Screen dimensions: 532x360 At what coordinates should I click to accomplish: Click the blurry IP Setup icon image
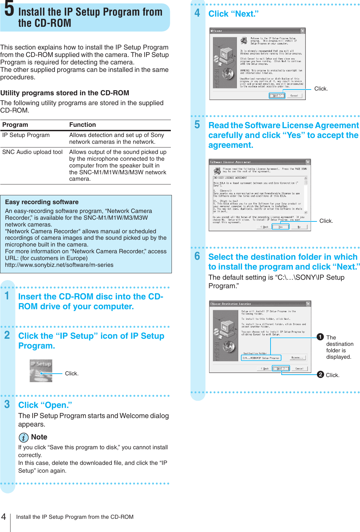point(41,371)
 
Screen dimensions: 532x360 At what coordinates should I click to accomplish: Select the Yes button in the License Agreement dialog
point(280,227)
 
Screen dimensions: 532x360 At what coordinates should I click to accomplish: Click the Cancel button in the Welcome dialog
point(294,96)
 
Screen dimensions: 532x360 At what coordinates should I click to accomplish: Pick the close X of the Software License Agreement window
point(308,162)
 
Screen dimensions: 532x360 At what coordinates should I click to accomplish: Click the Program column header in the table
point(15,125)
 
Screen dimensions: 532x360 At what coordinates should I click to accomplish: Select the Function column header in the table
point(82,125)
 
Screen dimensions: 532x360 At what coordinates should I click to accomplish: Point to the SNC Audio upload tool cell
point(33,152)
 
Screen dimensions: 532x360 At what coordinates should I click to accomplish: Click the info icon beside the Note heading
point(23,437)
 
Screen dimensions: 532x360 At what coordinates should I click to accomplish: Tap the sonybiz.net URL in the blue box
point(59,265)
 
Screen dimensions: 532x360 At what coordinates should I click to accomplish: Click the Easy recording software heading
point(42,202)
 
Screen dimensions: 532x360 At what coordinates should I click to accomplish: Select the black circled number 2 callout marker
point(320,374)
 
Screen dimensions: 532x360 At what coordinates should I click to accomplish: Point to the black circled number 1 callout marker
point(320,337)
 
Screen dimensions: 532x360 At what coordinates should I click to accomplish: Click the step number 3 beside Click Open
point(7,404)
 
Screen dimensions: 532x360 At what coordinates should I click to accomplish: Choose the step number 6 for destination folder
point(197,256)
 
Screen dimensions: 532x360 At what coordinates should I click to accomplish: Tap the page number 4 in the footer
point(4,517)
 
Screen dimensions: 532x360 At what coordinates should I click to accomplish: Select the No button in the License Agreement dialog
point(299,227)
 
